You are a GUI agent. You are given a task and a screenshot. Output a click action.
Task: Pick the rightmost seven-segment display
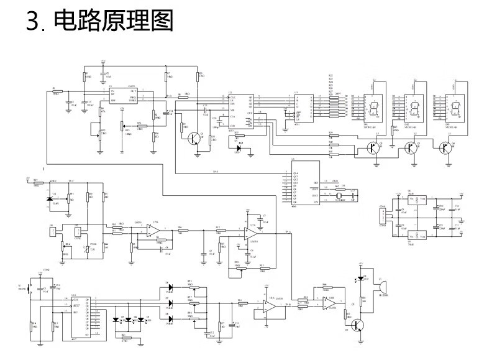pyautogui.click(x=460, y=109)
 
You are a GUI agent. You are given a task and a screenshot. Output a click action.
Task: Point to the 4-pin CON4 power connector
pyautogui.click(x=383, y=215)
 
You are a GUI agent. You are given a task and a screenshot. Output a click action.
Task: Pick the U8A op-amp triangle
pyautogui.click(x=268, y=305)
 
